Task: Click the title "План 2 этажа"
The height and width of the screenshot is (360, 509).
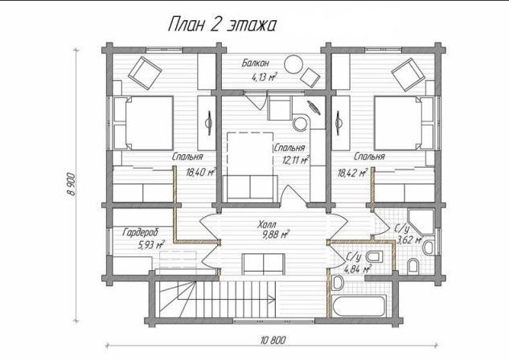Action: (222, 25)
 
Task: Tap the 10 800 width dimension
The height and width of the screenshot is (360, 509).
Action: (273, 340)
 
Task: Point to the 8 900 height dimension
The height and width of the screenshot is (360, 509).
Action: (71, 184)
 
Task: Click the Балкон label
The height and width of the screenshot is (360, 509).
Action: (256, 63)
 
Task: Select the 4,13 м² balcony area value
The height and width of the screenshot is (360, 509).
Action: (264, 77)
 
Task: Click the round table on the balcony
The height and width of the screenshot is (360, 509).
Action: (293, 64)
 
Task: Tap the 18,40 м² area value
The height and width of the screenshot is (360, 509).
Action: (201, 172)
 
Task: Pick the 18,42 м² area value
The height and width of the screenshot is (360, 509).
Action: (352, 173)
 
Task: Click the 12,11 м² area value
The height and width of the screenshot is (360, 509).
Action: (295, 160)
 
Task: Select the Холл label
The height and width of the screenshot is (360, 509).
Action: (267, 224)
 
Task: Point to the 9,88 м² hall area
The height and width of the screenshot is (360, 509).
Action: (276, 234)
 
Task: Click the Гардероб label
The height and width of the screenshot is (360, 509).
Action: (141, 232)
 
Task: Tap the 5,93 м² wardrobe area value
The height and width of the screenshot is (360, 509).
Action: (151, 244)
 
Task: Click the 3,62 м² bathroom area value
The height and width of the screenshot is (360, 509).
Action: (409, 239)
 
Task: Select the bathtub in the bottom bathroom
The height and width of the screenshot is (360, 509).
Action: (359, 305)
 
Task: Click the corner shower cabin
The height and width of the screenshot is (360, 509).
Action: (421, 223)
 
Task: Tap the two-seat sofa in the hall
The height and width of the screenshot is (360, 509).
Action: (264, 264)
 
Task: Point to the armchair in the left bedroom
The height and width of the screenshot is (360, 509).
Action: (145, 73)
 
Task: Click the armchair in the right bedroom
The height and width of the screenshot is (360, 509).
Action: (408, 74)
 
